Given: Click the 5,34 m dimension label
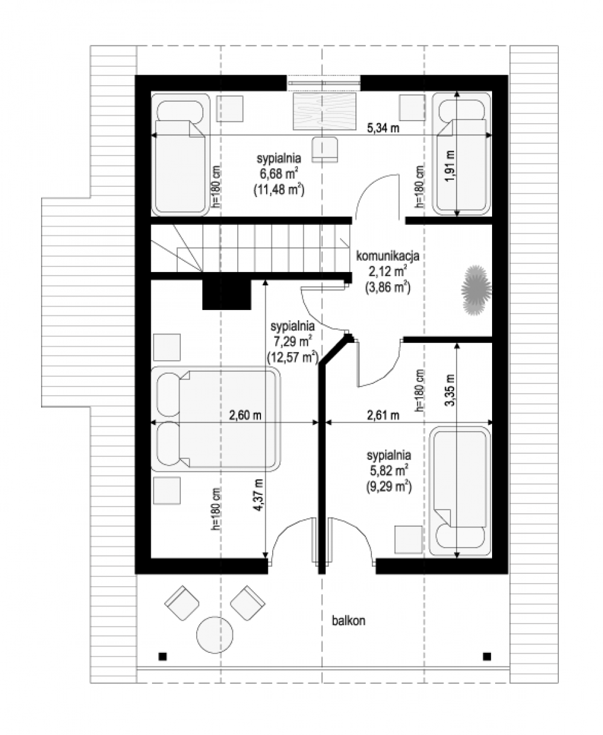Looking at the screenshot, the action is click(382, 128).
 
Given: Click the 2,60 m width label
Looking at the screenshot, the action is click(245, 415).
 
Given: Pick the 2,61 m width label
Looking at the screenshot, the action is click(382, 415).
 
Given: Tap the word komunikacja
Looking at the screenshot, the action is click(387, 256).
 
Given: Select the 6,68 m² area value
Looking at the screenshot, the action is click(279, 173).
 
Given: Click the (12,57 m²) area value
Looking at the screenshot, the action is click(293, 357).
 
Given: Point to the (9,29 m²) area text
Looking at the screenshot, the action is click(389, 486).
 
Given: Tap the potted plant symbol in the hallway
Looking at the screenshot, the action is click(476, 290).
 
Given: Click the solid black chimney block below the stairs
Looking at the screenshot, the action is click(227, 294).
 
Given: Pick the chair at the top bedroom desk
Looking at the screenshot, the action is click(325, 149).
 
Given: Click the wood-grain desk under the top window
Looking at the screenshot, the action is click(324, 111).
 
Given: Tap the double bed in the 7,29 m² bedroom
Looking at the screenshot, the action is click(215, 419).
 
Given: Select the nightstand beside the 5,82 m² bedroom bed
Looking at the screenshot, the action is click(408, 540).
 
